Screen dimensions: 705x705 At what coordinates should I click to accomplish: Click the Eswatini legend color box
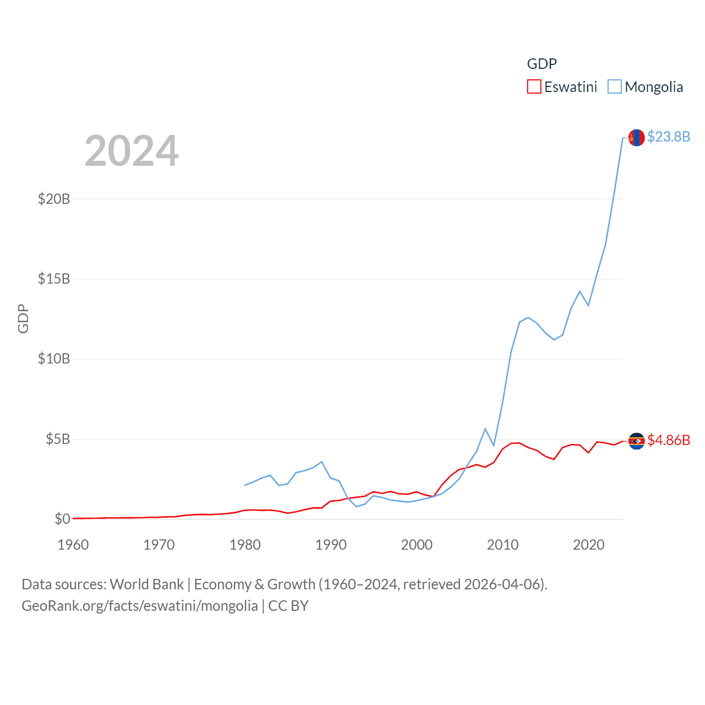[x=534, y=87]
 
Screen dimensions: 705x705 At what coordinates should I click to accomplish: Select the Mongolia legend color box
[x=614, y=87]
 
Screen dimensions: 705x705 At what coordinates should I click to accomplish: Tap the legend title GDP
[x=541, y=64]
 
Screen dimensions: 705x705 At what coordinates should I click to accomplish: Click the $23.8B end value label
[x=668, y=137]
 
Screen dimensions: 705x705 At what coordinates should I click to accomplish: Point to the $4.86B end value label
[x=668, y=440]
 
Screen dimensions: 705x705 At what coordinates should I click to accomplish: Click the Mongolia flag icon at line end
[x=637, y=138]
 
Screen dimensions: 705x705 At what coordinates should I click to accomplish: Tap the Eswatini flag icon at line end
[x=637, y=441]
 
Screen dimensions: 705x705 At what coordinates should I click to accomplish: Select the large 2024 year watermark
[x=132, y=151]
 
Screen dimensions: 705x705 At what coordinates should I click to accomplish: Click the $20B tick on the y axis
[x=54, y=199]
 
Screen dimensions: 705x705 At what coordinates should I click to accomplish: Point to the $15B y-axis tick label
[x=54, y=279]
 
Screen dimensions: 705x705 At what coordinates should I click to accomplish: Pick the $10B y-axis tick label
[x=54, y=359]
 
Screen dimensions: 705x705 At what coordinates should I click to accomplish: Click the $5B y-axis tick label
[x=58, y=439]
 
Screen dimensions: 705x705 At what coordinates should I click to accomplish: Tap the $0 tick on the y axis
[x=62, y=519]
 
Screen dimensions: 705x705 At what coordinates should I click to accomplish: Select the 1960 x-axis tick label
[x=73, y=545]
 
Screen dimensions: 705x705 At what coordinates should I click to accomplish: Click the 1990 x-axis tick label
[x=331, y=545]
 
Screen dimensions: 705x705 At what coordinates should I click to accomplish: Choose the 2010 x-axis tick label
[x=503, y=545]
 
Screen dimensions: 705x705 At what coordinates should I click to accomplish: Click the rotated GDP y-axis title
[x=23, y=318]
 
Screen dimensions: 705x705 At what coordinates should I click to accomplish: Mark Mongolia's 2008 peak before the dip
[x=485, y=429]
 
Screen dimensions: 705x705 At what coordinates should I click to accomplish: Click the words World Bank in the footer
[x=147, y=584]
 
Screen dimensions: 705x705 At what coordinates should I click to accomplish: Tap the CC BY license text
[x=288, y=606]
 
